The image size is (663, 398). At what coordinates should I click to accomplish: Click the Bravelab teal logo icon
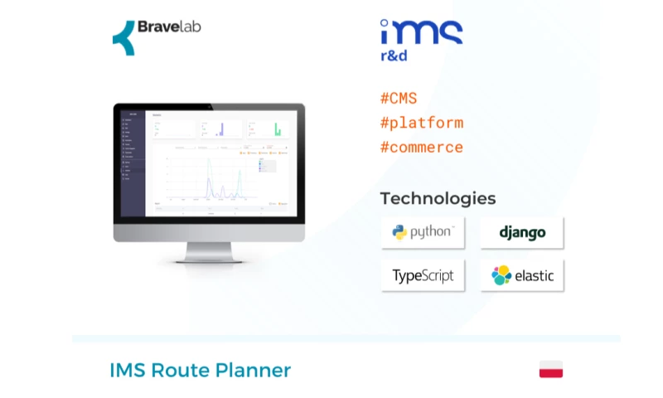point(123,37)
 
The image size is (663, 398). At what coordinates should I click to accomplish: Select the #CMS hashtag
point(398,99)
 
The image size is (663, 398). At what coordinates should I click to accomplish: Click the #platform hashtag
point(421,123)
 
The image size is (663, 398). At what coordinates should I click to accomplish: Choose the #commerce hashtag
point(421,148)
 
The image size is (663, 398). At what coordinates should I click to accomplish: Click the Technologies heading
point(438,198)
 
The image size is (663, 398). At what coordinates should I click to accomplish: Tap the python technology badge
point(423,233)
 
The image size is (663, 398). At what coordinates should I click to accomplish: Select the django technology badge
point(522,233)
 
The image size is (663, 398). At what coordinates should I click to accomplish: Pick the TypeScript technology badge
point(423,276)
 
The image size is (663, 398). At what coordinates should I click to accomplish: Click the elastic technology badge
point(522,276)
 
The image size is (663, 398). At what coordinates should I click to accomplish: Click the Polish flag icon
point(551,370)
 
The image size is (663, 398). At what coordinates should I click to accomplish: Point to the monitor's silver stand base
point(209,257)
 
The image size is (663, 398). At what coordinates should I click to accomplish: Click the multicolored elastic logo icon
point(501,276)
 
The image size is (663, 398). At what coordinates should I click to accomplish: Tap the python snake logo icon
point(400,233)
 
